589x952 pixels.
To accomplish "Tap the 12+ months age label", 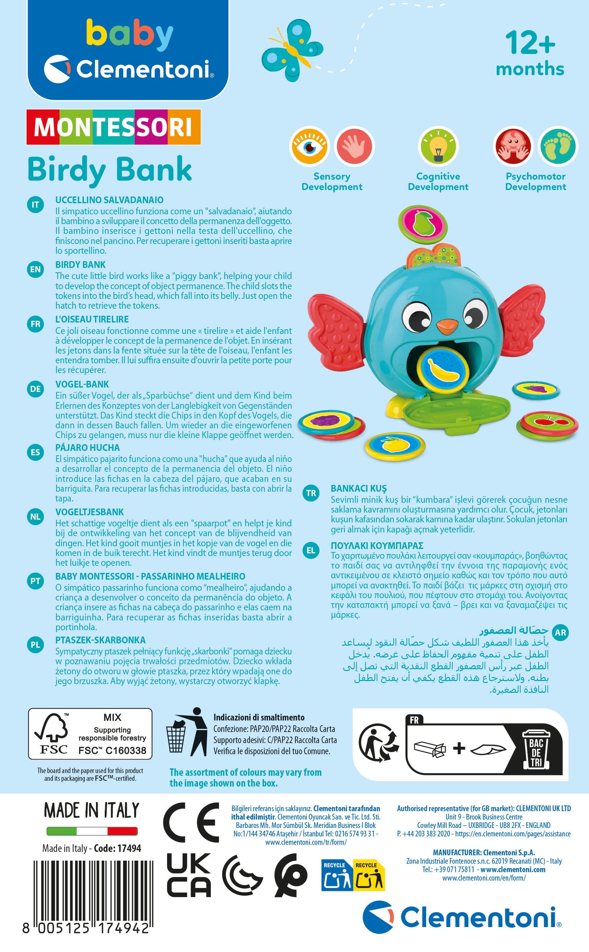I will click(x=530, y=54).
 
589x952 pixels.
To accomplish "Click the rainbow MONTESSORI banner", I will click(x=113, y=127).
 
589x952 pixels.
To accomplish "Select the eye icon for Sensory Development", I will click(x=310, y=146).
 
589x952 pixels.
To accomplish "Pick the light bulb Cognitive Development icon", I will click(x=438, y=147).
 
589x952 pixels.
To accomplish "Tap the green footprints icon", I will click(x=558, y=146).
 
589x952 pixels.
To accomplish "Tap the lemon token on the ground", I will click(x=395, y=445).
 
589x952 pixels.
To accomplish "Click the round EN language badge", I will click(x=35, y=269).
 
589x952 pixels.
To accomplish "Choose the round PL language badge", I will click(x=35, y=645).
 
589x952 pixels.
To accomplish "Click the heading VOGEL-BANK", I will click(x=82, y=384).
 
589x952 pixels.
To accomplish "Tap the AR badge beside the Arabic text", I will click(x=560, y=633).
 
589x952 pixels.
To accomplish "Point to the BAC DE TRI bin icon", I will click(x=536, y=748).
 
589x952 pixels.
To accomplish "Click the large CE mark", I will click(x=191, y=822).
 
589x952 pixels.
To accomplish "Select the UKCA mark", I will click(x=189, y=875).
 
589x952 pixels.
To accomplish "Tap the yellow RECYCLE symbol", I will click(x=368, y=875).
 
